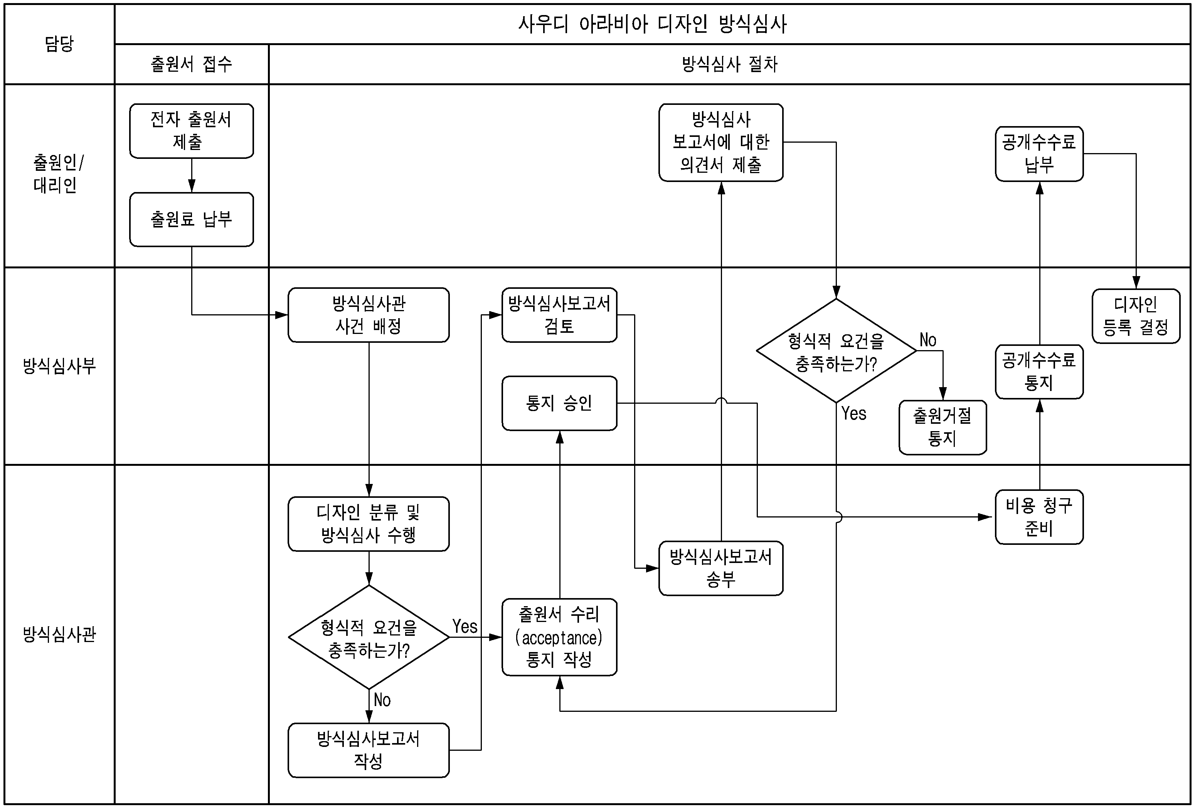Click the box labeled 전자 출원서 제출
pos(191,131)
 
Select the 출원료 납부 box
pos(191,220)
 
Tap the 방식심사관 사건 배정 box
pos(368,315)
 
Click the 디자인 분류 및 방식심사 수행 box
pos(368,524)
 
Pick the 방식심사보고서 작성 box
pos(368,750)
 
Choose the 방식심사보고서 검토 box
pos(559,315)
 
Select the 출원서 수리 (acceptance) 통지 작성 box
pos(559,637)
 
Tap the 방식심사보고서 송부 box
pos(720,568)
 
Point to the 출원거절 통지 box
pos(943,427)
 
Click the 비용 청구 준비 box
pos(1039,517)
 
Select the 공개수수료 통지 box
pos(1039,372)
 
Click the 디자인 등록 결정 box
pos(1136,316)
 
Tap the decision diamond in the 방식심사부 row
pos(836,351)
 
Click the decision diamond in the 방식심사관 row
pos(368,637)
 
